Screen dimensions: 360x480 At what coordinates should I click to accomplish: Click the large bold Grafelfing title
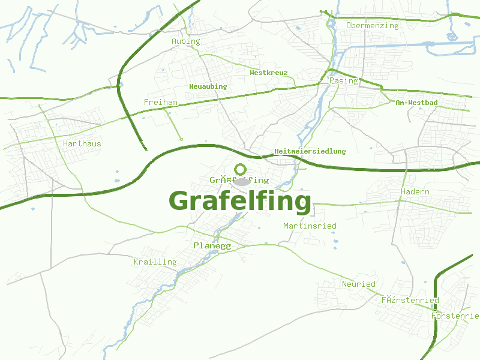[x=240, y=201]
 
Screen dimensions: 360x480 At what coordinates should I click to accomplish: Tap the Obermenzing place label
[x=372, y=26]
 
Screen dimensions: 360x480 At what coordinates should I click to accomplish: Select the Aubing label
[x=186, y=41]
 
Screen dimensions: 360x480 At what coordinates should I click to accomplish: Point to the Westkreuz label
[x=269, y=73]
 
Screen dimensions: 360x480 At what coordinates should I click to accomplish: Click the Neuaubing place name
[x=208, y=86]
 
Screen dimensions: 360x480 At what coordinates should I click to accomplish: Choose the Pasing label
[x=344, y=80]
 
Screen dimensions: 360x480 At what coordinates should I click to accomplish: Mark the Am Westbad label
[x=416, y=103]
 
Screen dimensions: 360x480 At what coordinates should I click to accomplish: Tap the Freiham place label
[x=161, y=103]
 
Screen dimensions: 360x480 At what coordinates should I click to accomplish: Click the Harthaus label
[x=82, y=144]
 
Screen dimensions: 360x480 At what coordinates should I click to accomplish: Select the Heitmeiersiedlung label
[x=310, y=151]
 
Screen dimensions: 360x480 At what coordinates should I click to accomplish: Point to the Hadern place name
[x=415, y=192]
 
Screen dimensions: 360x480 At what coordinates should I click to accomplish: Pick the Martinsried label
[x=310, y=226]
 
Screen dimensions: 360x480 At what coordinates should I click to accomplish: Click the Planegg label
[x=212, y=246]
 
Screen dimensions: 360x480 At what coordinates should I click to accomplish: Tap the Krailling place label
[x=155, y=262]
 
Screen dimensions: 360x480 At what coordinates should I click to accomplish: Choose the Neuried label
[x=359, y=284]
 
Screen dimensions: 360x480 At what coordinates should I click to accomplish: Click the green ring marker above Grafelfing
[x=241, y=169]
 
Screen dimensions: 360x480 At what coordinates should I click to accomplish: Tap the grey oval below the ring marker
[x=242, y=181]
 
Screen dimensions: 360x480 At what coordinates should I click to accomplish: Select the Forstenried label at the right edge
[x=455, y=316]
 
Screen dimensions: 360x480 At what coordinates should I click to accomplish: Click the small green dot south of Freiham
[x=181, y=139]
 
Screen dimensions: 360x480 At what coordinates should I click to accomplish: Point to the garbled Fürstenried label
[x=410, y=300]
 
